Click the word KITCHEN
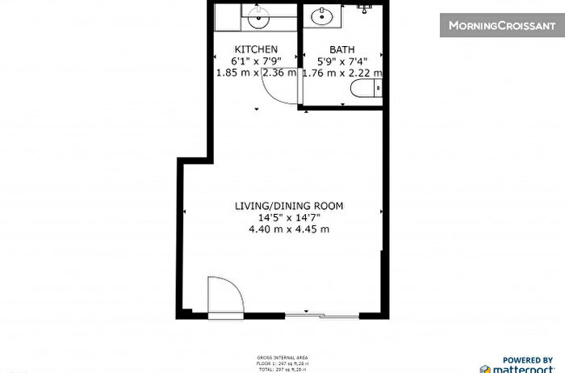(256, 48)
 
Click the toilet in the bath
(373, 90)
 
